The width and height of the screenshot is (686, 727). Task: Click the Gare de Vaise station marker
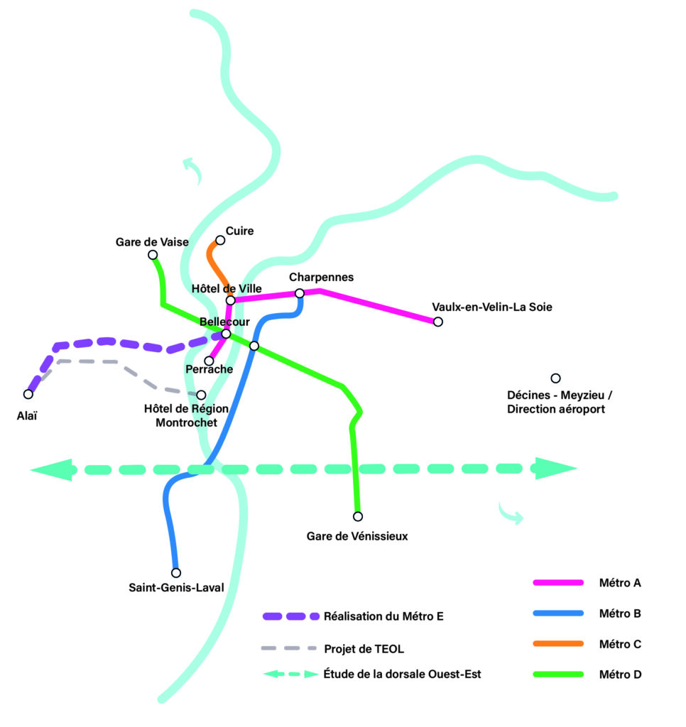point(152,255)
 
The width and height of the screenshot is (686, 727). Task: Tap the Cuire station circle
point(220,241)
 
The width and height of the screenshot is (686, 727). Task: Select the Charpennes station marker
point(300,293)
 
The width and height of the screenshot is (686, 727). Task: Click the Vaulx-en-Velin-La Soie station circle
point(438,322)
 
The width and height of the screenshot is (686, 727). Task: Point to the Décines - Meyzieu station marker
point(556,378)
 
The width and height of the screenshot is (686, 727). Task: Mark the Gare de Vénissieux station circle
point(358,516)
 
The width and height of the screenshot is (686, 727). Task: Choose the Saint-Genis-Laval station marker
point(176,572)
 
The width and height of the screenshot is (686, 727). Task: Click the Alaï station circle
point(28,394)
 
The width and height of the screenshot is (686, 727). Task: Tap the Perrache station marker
point(209,361)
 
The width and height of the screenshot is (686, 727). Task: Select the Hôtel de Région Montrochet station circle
point(201,395)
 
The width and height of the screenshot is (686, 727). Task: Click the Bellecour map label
point(224,322)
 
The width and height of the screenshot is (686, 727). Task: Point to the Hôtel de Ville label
point(227,288)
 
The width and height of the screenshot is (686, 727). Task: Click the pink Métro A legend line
point(558,583)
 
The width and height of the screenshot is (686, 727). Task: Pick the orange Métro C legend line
point(558,644)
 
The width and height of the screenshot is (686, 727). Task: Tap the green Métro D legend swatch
point(558,674)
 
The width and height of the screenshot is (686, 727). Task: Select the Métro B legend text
point(620,613)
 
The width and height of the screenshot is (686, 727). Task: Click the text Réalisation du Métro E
point(383,616)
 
